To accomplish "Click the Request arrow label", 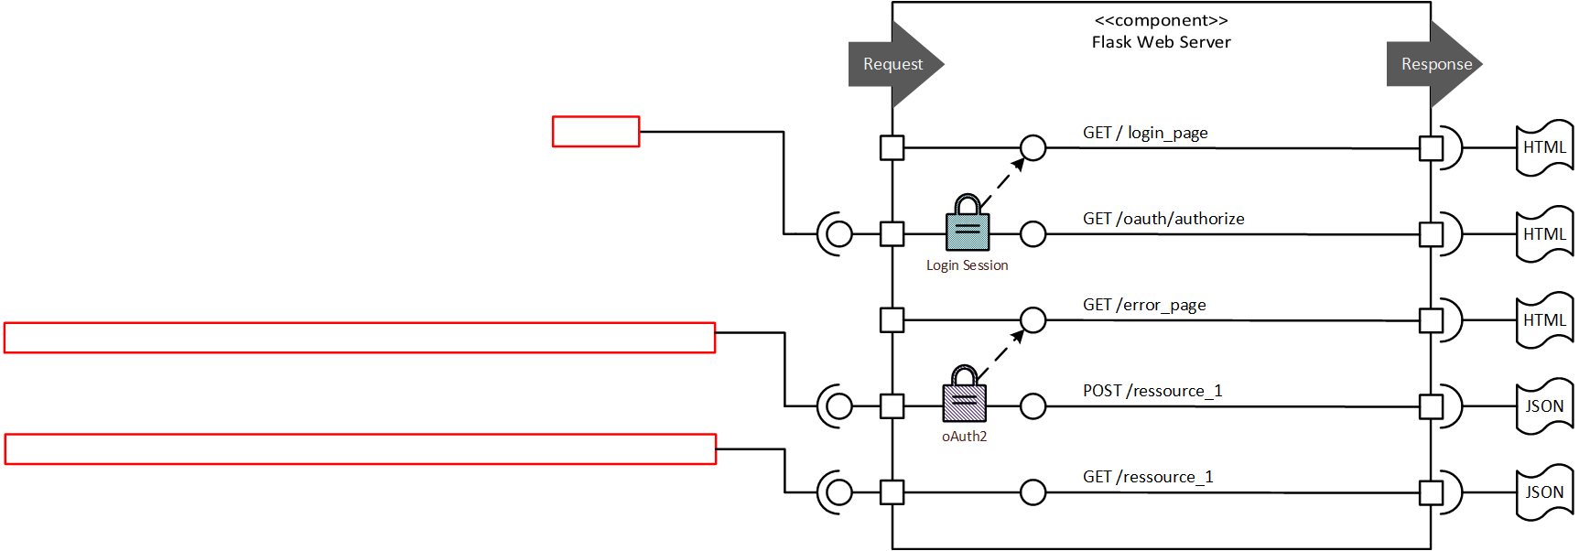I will (892, 64).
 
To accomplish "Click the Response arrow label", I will (1435, 64).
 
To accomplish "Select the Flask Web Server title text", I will (1161, 42).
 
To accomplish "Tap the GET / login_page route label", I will (1144, 133).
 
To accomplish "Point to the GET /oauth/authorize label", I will (1163, 219).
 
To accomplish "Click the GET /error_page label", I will (1143, 305).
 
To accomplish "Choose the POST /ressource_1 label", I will (1152, 391).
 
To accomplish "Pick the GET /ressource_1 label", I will (1147, 477).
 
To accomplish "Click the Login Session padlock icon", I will (968, 223).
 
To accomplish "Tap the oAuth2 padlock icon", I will (965, 394).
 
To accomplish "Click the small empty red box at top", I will (596, 132).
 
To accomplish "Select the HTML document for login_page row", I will (1544, 147).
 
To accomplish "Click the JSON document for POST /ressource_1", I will (1544, 406).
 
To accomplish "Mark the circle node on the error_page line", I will (1033, 320).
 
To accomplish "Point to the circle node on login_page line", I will (1033, 147).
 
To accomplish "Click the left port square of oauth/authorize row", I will (892, 233).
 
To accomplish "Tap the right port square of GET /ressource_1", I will (1431, 492).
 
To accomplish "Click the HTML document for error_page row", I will (1544, 320).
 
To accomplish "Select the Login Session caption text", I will (967, 265).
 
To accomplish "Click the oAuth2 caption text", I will (964, 437).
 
